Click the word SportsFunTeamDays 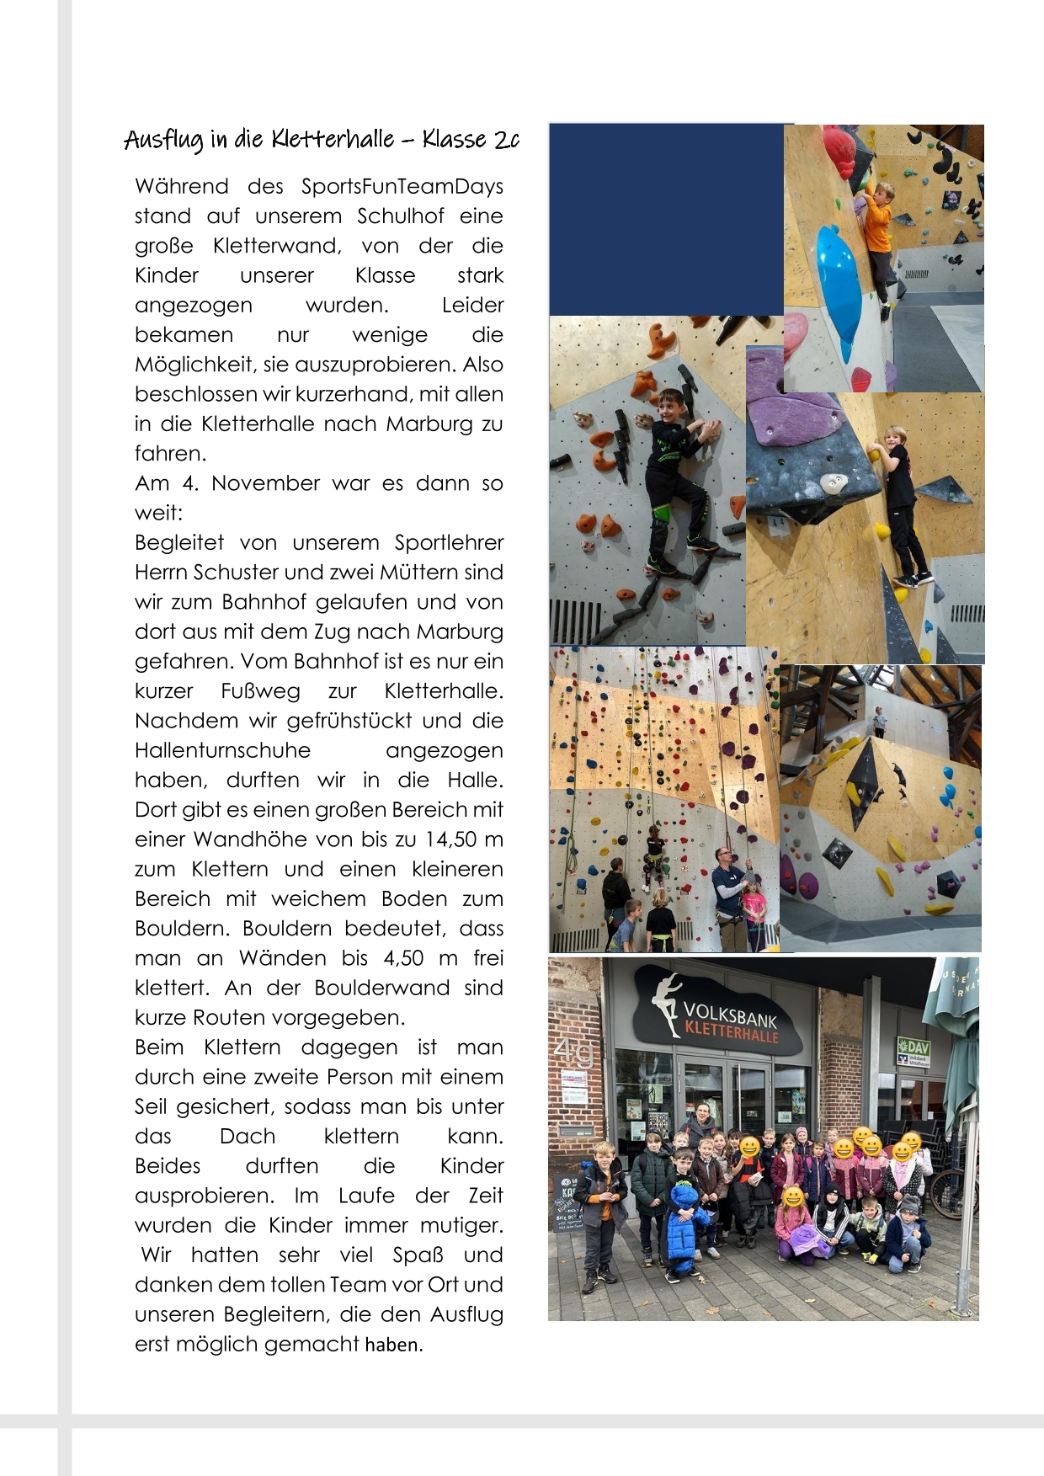point(402,186)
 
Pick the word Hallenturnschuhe point(222,750)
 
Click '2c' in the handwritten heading point(507,139)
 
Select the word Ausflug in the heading point(163,140)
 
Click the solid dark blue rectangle point(665,219)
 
